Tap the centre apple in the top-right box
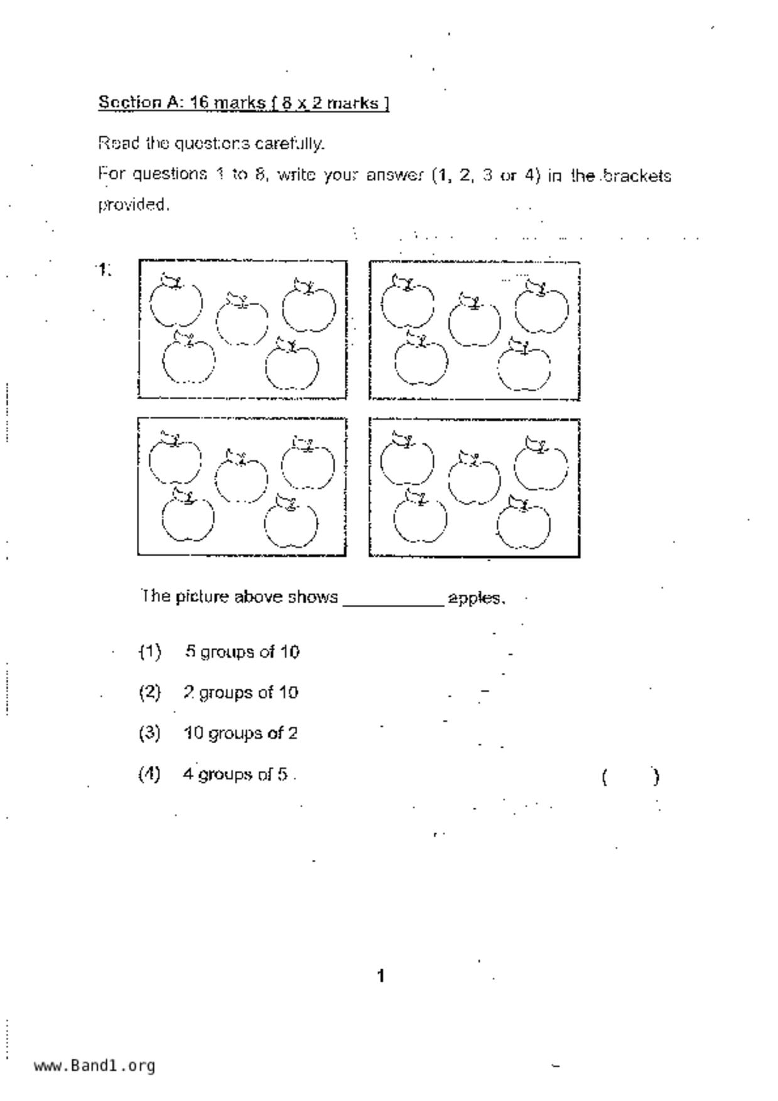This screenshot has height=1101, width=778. (475, 321)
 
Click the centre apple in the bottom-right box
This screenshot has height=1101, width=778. (474, 479)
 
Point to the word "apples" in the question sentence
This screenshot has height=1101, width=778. (475, 598)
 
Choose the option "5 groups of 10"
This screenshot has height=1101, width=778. (242, 652)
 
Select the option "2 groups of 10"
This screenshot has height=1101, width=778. (240, 692)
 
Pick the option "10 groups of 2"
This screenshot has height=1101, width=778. (240, 733)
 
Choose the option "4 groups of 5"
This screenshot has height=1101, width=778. (235, 774)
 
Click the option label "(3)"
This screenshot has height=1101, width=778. (149, 733)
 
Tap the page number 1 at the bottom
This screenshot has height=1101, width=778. (381, 976)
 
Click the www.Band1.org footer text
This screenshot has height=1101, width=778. (95, 1066)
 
